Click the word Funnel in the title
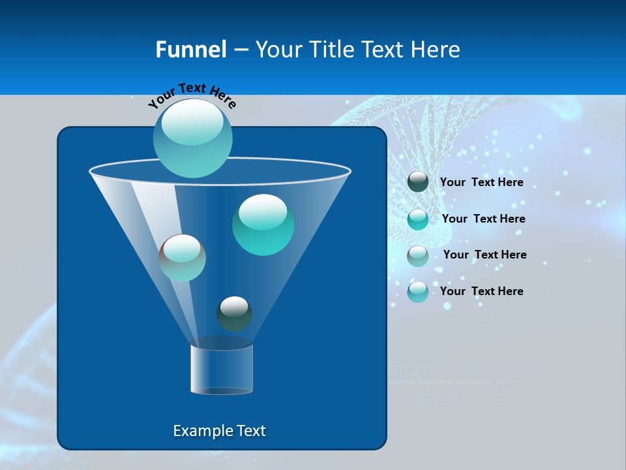coord(190,50)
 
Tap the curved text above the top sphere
coord(192,95)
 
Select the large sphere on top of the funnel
coord(193,138)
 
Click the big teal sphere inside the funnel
coord(263,225)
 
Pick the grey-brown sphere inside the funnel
coord(183,258)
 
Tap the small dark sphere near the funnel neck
coord(234,314)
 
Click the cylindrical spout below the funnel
coord(222,369)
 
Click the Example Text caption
coord(219,431)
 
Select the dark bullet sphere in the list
coord(418,181)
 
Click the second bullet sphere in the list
coord(418,219)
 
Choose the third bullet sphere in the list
coord(418,255)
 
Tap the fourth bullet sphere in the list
coord(418,292)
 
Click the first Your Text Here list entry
coord(481,182)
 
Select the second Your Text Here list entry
coord(483,219)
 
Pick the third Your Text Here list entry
coord(484,255)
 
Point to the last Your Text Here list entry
coord(481,291)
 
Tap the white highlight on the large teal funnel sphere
coord(263,212)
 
